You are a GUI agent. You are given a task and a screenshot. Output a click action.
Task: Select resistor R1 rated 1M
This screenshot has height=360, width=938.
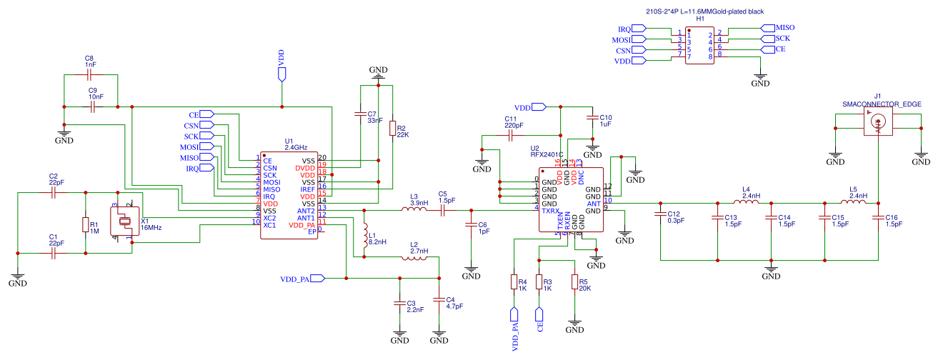tap(86, 225)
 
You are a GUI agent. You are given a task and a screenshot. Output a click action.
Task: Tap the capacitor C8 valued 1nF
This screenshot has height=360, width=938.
tap(90, 74)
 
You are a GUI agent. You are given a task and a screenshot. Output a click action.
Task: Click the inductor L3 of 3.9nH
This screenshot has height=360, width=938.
tap(414, 211)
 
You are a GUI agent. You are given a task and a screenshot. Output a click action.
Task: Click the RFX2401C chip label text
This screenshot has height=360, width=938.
tap(547, 154)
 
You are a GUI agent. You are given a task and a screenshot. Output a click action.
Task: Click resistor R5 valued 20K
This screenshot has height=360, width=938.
tap(574, 282)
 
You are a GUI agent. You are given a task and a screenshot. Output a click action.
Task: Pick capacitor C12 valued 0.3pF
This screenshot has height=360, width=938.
tap(661, 217)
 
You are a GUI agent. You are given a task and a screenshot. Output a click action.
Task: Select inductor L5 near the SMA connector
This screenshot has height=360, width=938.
tap(853, 203)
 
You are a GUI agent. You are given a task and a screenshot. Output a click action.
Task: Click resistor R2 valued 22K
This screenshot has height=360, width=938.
tap(392, 129)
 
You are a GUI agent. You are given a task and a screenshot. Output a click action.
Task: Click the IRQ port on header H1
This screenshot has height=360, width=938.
tap(633, 29)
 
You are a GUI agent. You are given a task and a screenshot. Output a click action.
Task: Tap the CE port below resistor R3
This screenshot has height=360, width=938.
tap(539, 316)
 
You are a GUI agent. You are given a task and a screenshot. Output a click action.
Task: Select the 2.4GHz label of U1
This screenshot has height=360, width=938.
tap(295, 147)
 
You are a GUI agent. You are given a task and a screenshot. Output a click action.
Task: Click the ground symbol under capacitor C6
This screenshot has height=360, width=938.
tap(471, 272)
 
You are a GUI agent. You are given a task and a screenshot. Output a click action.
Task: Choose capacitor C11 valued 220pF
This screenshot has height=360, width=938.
tap(512, 135)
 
